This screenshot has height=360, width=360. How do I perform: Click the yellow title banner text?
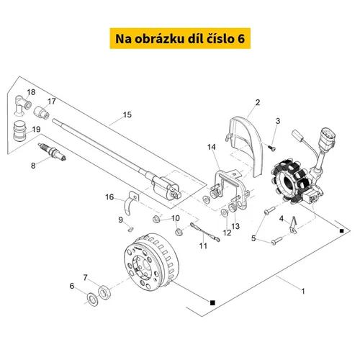coord(180,39)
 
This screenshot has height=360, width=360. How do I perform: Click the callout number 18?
coord(31,92)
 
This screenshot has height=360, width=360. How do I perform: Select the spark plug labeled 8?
coord(52,152)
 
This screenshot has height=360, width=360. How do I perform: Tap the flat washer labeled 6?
coord(92,300)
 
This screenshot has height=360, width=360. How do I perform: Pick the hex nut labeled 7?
coord(104,292)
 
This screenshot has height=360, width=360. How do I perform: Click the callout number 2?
coord(258,102)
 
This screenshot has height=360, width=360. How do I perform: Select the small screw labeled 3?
coord(271,148)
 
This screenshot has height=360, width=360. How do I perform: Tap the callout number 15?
coord(127,114)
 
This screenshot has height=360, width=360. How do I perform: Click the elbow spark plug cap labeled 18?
coord(22,105)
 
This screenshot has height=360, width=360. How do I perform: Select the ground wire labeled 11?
coord(204,232)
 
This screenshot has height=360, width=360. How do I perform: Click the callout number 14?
coord(212,147)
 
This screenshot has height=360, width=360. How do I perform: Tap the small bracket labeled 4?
coord(293,225)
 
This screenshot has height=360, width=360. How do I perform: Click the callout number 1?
coord(303,292)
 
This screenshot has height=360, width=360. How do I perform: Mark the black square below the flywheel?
coord(212,302)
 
